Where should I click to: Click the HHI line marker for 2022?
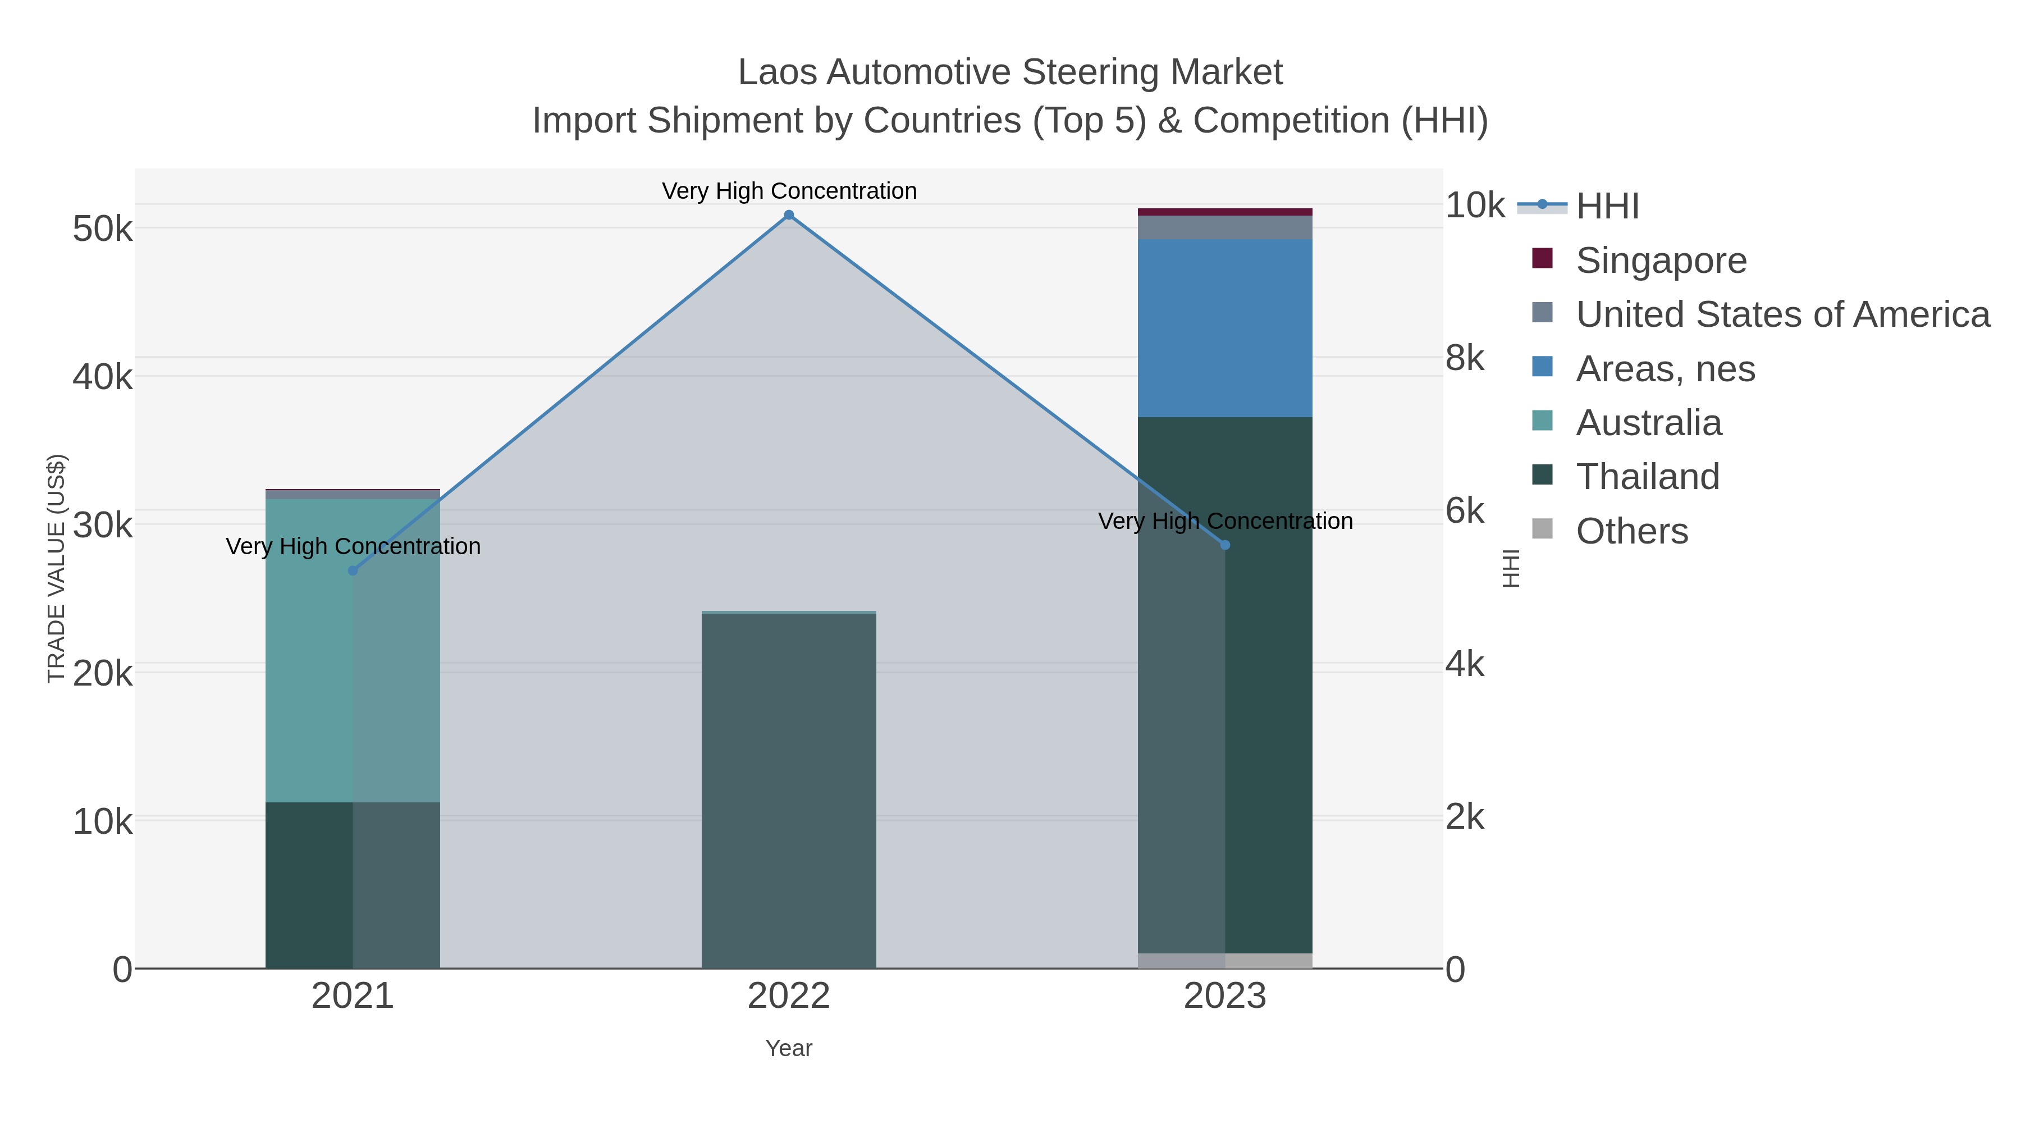pyautogui.click(x=789, y=215)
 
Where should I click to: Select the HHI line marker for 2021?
pyautogui.click(x=353, y=570)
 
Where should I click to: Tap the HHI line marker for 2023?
pyautogui.click(x=1225, y=545)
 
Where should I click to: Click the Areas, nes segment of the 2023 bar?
pyautogui.click(x=1225, y=328)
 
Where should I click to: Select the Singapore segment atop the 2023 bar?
pyautogui.click(x=1225, y=212)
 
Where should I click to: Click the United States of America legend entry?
pyautogui.click(x=1782, y=314)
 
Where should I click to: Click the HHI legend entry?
pyautogui.click(x=1606, y=207)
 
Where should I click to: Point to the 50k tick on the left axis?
pyautogui.click(x=103, y=229)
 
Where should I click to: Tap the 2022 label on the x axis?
pyautogui.click(x=789, y=997)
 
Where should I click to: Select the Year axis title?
pyautogui.click(x=789, y=1048)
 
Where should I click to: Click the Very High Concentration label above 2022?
pyautogui.click(x=789, y=191)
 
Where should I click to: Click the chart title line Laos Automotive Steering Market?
pyautogui.click(x=1010, y=72)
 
